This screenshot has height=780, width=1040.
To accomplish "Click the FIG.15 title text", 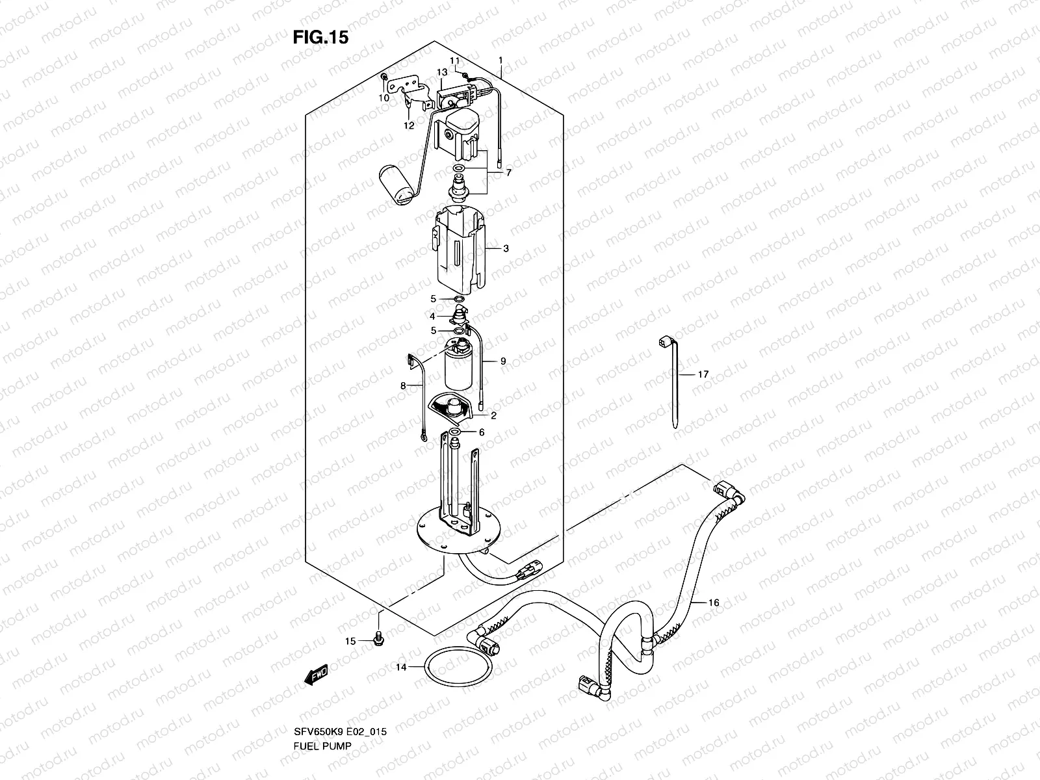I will click(x=320, y=37).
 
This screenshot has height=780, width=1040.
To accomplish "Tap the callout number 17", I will click(x=703, y=374).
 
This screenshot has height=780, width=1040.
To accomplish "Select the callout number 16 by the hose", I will click(x=713, y=603).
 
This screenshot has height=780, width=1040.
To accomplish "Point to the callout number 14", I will click(x=400, y=667).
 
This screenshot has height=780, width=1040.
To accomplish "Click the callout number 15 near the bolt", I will click(x=350, y=641).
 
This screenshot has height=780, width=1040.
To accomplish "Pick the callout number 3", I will click(x=506, y=248).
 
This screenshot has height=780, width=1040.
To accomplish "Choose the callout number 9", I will click(x=502, y=361).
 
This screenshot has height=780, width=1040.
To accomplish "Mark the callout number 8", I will click(x=403, y=385).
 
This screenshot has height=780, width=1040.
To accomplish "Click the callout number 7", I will click(x=508, y=173).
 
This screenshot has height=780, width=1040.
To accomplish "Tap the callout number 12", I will click(x=408, y=125).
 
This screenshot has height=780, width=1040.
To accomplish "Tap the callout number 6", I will click(x=482, y=432).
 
